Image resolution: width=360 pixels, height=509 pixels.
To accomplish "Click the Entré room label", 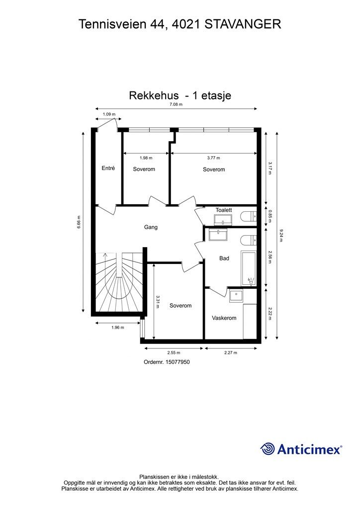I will click(108, 169).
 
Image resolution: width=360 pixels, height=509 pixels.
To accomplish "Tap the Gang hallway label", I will click(151, 227).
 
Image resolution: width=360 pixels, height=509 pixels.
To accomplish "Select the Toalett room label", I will click(224, 210).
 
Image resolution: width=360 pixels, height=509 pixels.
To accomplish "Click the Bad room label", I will click(224, 258).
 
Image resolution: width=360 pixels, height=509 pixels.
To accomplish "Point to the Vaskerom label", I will click(224, 318).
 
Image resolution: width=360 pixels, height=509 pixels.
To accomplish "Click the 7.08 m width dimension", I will click(176, 104).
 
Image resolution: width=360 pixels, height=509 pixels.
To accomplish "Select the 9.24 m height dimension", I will click(281, 236).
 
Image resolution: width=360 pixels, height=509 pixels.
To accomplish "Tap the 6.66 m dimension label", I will click(79, 222).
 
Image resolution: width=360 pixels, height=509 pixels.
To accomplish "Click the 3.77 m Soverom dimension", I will click(213, 158).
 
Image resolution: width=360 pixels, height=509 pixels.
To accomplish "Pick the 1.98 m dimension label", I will click(146, 158).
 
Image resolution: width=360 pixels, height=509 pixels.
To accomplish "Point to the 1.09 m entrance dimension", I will click(109, 114).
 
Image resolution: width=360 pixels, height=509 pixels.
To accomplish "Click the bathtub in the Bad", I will click(249, 268).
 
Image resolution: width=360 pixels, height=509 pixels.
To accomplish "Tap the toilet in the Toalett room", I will click(248, 216).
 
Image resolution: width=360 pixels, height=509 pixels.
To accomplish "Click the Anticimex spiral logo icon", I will click(268, 449).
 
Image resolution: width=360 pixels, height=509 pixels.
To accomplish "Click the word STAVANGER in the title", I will click(243, 23).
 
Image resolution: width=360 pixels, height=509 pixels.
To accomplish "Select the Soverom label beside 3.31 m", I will click(180, 306).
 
